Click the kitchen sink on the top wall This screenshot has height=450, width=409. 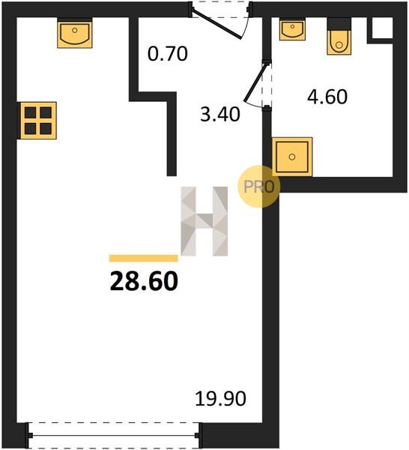74,33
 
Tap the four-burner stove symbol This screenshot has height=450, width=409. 38,121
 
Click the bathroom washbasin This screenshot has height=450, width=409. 292,29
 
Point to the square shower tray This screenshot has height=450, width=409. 292,157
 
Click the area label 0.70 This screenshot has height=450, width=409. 167,54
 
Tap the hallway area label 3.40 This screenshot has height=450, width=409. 219,114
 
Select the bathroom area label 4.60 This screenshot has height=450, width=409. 327,97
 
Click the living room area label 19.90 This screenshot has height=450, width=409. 220,399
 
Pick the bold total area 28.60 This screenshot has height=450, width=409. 144,281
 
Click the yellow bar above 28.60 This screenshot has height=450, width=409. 143,258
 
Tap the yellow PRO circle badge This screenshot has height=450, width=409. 258,187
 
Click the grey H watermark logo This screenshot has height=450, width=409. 204,221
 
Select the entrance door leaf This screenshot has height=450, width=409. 216,23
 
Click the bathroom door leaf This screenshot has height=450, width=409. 257,82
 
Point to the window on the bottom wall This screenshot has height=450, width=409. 114,435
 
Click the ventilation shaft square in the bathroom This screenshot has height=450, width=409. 382,28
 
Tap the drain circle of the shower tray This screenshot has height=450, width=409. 292,157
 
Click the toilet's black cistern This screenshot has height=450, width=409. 339,24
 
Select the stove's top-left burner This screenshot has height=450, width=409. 31,112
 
